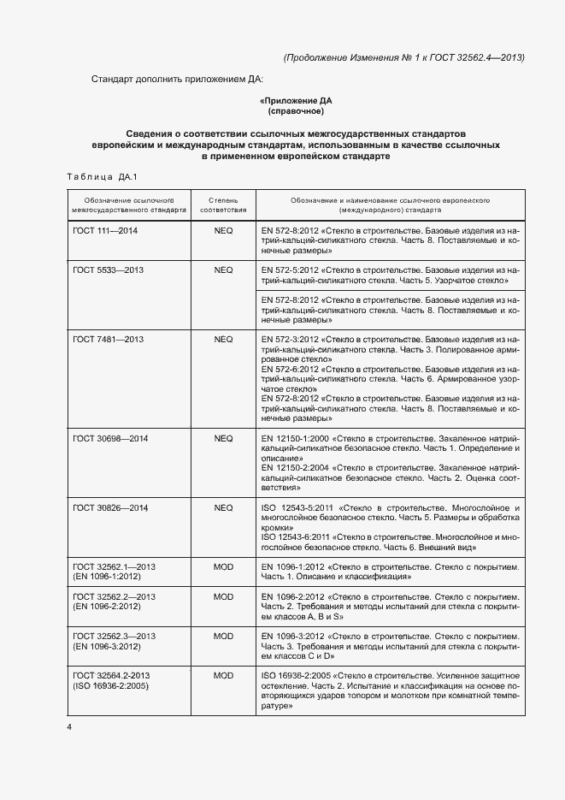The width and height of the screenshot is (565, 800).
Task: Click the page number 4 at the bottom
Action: click(x=69, y=727)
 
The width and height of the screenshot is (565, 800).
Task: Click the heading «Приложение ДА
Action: click(x=296, y=100)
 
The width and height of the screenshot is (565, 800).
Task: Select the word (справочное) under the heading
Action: click(x=296, y=110)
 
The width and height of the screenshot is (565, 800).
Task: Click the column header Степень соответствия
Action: click(x=223, y=204)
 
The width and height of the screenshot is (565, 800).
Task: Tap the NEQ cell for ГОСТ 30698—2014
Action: click(x=223, y=438)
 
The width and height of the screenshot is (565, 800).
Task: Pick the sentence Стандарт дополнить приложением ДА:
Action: click(x=178, y=80)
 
